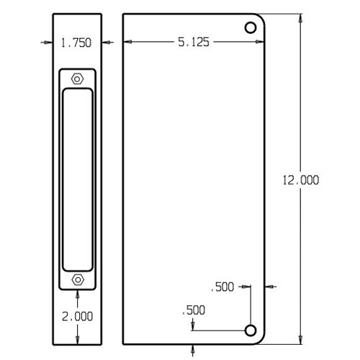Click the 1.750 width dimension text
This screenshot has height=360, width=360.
click(76, 43)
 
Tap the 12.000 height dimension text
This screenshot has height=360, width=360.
click(301, 180)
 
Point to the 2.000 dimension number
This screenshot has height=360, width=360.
click(76, 316)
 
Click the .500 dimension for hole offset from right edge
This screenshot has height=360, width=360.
click(223, 287)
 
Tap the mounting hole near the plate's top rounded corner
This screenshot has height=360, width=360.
click(251, 28)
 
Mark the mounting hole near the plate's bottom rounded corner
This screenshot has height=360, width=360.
click(251, 330)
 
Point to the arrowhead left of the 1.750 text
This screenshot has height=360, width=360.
click(47, 43)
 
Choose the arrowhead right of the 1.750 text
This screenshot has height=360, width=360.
click(105, 43)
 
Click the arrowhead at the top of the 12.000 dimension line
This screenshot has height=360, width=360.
click(300, 17)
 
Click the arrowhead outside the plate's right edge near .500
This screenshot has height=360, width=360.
click(271, 287)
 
